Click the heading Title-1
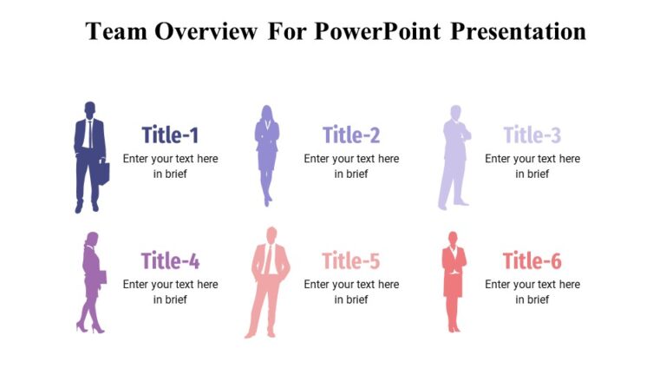point(170,135)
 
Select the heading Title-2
point(351,135)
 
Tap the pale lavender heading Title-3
point(532,135)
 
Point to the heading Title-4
point(170,260)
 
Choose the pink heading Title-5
point(351,260)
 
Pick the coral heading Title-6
point(532,260)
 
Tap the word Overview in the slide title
point(206,32)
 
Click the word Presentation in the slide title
point(519,32)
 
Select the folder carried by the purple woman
point(101,278)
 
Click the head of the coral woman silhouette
point(452,238)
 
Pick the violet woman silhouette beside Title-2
point(266,155)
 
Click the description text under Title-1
point(170,166)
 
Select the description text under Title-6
point(532,292)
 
